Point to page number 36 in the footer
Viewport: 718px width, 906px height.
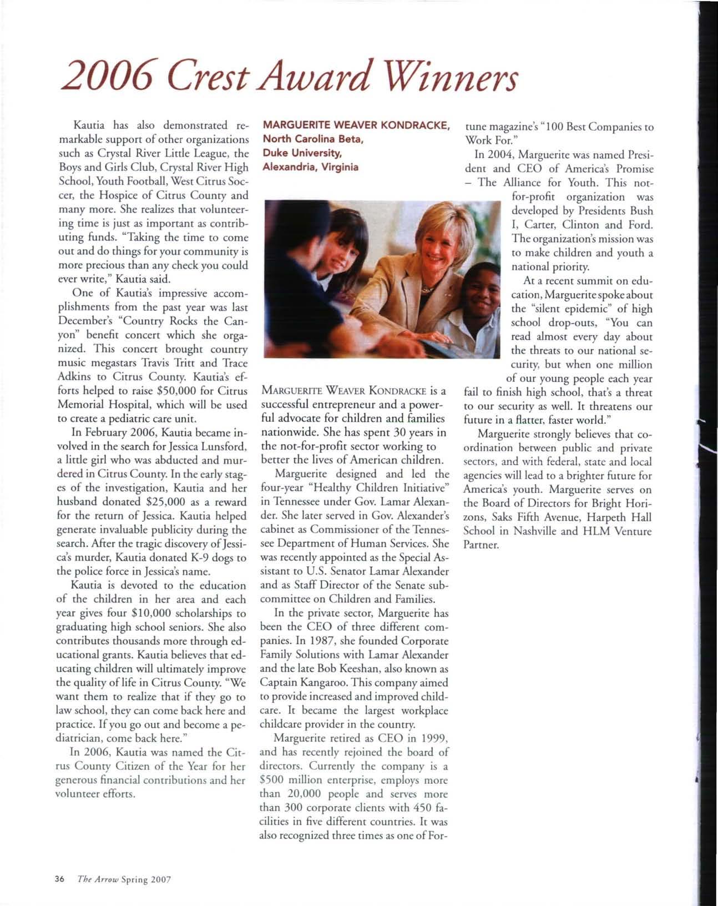60,879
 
